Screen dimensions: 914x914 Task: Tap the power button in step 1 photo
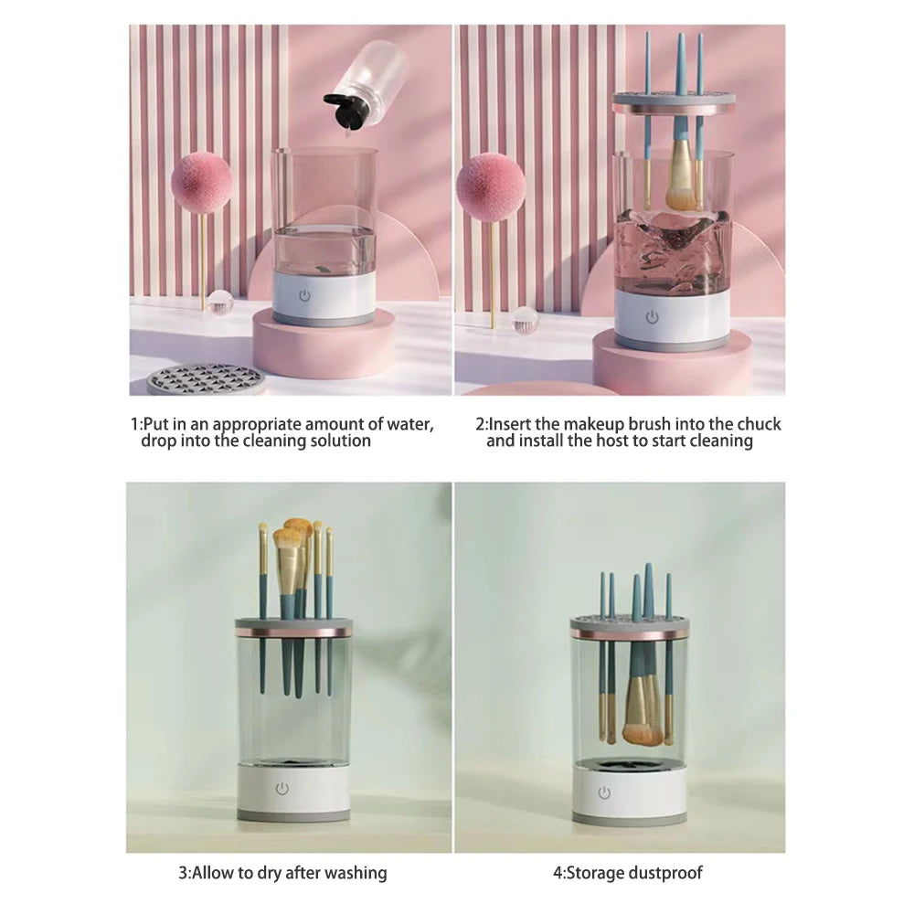[304, 296]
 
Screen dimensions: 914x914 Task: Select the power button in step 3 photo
[282, 788]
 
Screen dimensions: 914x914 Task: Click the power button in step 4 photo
[604, 792]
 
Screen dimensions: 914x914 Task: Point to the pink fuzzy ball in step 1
[201, 183]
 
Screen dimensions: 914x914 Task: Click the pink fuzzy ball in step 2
[491, 186]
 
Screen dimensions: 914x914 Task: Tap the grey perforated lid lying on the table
[207, 378]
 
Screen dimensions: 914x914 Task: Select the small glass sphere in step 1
[219, 303]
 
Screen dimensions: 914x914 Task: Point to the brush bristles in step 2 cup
[682, 186]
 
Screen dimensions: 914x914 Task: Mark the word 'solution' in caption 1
[339, 441]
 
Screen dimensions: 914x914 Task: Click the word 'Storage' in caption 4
[595, 873]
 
